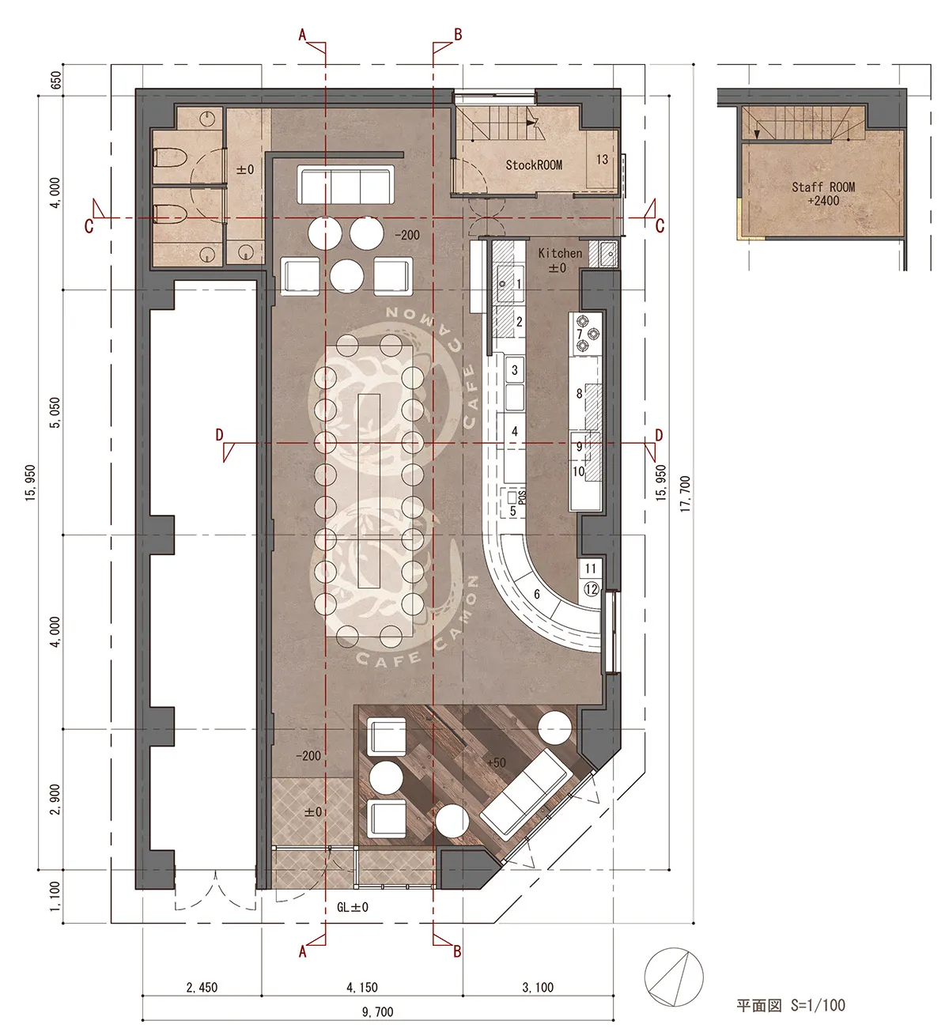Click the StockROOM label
pos(534,165)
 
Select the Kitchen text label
pos(560,253)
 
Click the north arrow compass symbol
pos(674,977)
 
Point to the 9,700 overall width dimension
pos(378,1012)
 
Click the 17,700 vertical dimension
pos(685,493)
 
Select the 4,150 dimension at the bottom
pos(361,987)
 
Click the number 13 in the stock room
pos(602,160)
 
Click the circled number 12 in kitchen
pos(592,589)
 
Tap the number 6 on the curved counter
pos(536,594)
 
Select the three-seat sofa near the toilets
pos(346,185)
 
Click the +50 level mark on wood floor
pos(496,762)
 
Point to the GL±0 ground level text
pos(353,907)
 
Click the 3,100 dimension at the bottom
pos(538,987)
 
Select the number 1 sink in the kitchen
pos(511,283)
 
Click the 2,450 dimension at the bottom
pos(202,987)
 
